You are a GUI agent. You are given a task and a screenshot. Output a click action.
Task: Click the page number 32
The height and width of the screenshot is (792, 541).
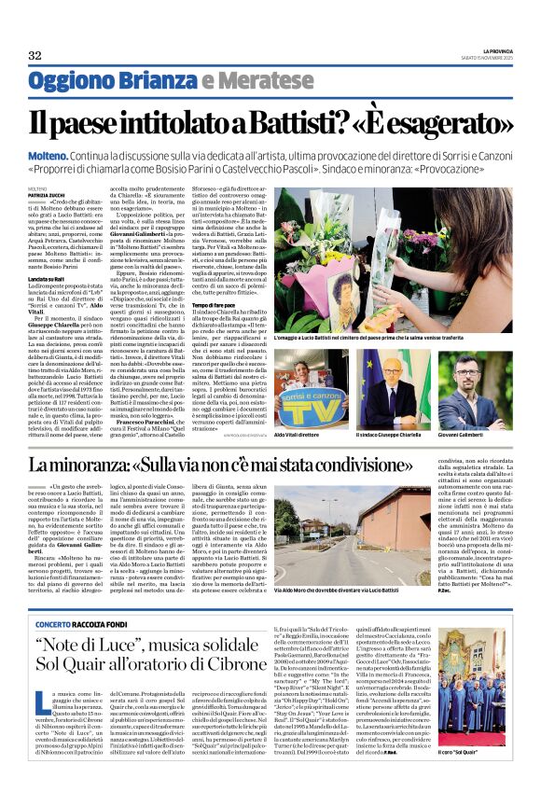[35, 56]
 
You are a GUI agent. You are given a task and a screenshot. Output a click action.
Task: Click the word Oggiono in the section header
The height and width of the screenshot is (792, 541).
[67, 82]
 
